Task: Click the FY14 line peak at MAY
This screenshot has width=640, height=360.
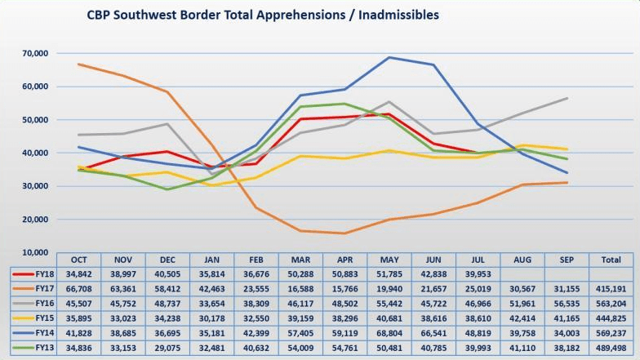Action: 389,57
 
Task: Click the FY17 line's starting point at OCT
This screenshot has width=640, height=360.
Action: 78,64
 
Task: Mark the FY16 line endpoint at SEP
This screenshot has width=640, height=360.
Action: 567,98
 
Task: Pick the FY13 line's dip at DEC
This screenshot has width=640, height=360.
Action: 167,189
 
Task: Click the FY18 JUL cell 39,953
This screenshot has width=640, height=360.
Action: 478,273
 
